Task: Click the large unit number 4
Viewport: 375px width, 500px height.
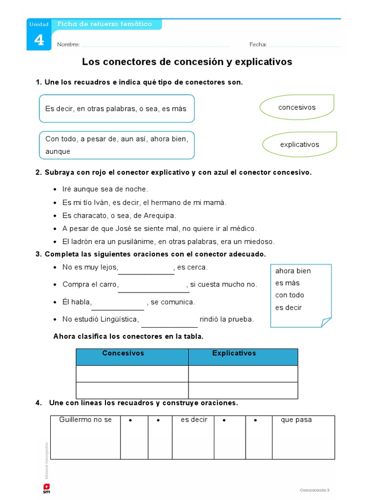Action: click(x=39, y=40)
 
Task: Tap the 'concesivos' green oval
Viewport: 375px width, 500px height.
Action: click(x=297, y=107)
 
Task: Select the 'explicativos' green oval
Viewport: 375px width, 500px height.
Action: click(x=299, y=145)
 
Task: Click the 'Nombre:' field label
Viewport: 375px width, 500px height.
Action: click(x=68, y=44)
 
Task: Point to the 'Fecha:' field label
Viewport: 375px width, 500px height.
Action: click(x=258, y=44)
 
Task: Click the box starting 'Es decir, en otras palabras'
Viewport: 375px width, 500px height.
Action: click(x=116, y=108)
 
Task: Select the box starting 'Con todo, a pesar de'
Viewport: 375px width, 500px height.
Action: click(x=116, y=145)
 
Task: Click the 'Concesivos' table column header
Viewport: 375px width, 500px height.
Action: click(x=123, y=353)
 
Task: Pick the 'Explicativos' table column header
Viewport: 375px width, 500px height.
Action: click(x=234, y=353)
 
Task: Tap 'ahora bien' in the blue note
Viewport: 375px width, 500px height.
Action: click(x=293, y=271)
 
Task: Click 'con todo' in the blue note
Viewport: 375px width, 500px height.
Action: click(x=290, y=295)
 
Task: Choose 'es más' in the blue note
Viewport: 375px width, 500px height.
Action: click(x=288, y=283)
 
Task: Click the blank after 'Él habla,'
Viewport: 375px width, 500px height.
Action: click(x=118, y=306)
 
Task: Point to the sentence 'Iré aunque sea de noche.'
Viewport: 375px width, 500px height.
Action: click(x=105, y=189)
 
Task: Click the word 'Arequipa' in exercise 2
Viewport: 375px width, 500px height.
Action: click(x=158, y=215)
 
